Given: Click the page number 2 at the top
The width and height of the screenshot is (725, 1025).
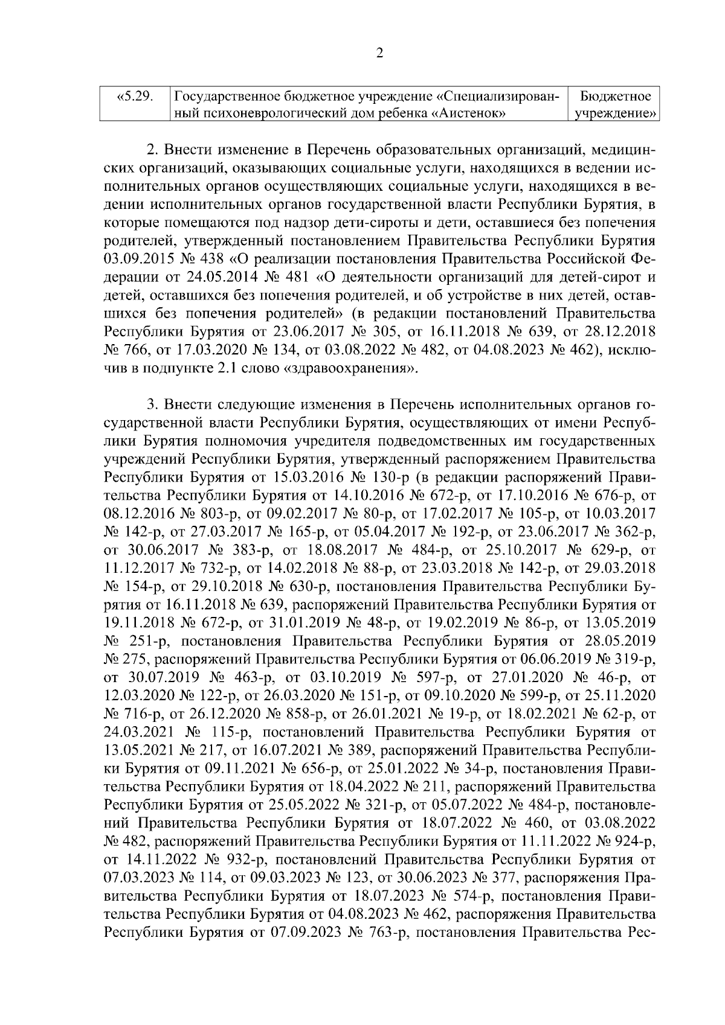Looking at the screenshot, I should click(379, 53).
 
